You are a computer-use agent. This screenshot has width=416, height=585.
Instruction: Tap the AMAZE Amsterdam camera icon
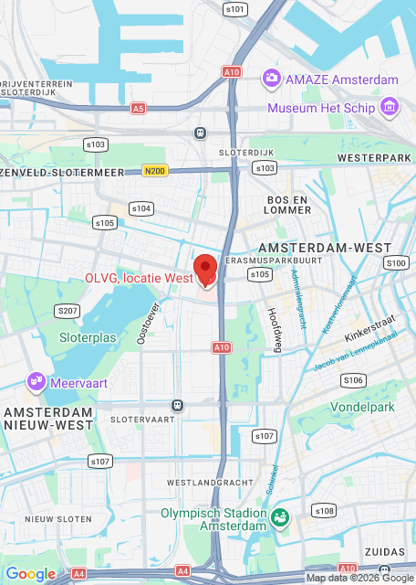tap(271, 79)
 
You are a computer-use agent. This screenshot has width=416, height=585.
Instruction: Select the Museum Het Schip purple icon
tap(390, 108)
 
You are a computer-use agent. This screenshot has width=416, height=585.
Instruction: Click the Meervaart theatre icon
tap(36, 382)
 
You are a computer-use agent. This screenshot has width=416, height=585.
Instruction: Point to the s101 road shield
tap(234, 9)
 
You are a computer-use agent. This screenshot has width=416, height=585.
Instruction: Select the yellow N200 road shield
tap(156, 170)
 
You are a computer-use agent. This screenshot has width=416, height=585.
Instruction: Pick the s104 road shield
tap(141, 208)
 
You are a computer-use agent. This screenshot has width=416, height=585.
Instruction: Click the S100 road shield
tap(396, 263)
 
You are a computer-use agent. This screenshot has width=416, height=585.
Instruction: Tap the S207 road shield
tap(68, 311)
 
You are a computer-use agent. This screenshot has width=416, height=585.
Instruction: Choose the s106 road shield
tap(353, 379)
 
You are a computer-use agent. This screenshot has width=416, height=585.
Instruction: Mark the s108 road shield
tap(324, 510)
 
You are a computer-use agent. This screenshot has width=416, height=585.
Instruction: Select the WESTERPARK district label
tap(369, 158)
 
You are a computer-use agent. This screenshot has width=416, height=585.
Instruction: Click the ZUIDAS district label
tap(382, 552)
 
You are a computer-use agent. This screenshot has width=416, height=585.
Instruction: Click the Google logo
tap(31, 574)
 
